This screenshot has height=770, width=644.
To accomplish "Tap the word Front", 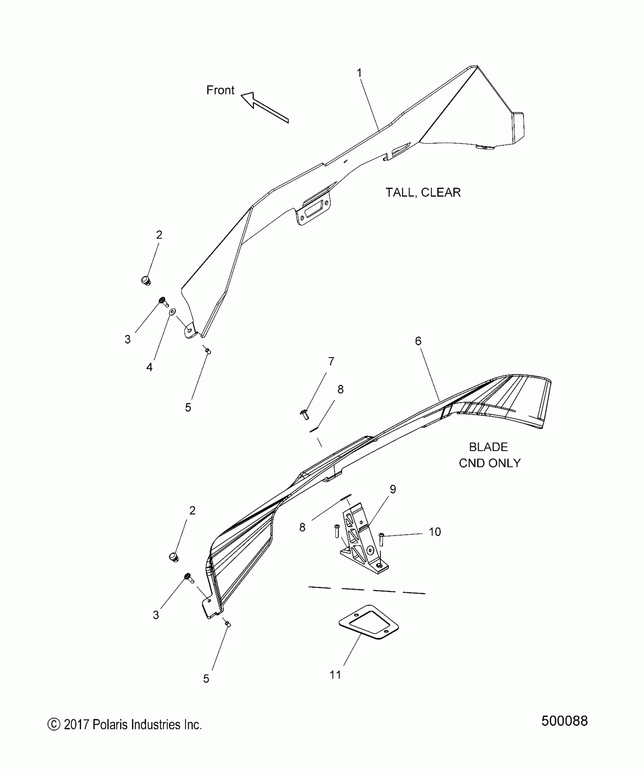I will (220, 90).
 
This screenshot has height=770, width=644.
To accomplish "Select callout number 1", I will (360, 73).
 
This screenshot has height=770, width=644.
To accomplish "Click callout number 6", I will (418, 341).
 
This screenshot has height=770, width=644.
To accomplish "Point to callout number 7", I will (331, 362).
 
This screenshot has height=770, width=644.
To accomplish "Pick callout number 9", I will (393, 489).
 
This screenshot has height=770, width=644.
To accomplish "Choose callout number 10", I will (435, 532).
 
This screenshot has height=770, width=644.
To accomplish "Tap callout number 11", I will (335, 675).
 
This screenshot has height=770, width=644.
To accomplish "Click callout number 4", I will (149, 367).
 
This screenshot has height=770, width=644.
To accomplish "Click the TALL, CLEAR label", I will (423, 192).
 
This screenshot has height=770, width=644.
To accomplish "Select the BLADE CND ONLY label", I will (489, 455).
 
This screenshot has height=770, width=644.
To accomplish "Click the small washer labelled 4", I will (172, 311).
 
